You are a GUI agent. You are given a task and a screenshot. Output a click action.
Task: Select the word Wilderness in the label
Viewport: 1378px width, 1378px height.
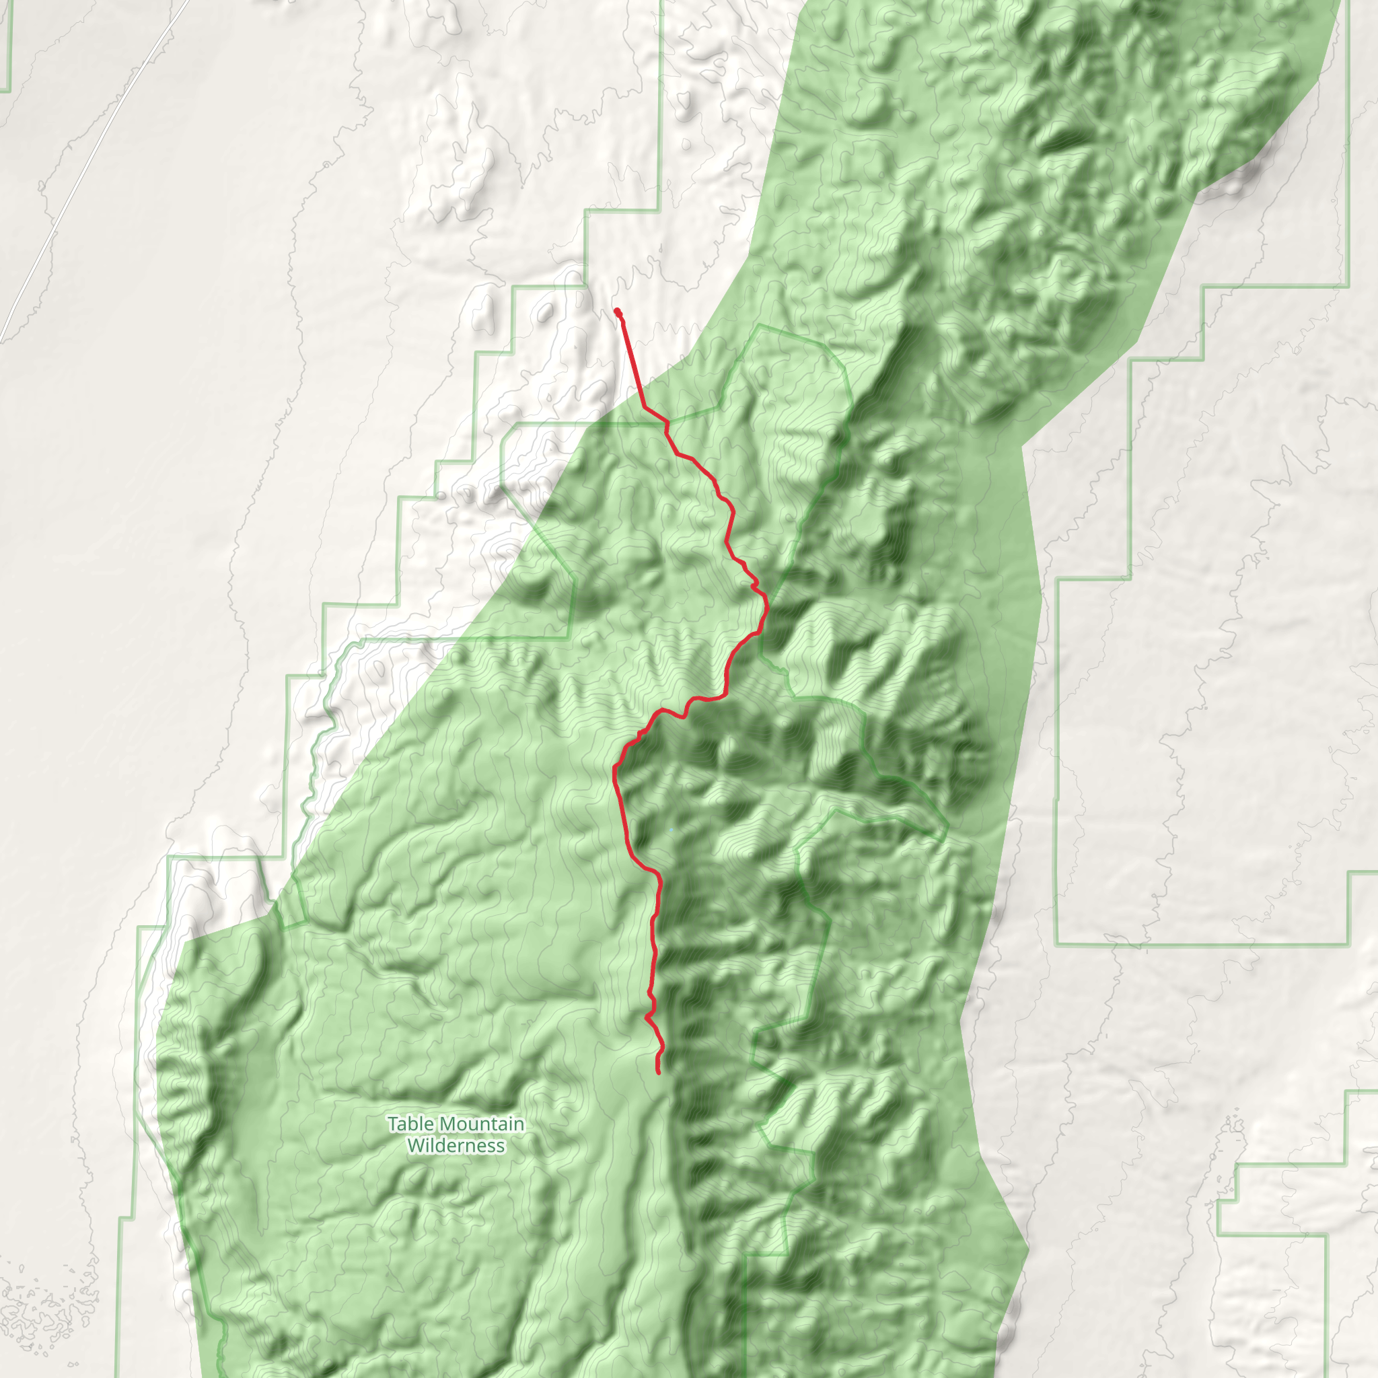456,1145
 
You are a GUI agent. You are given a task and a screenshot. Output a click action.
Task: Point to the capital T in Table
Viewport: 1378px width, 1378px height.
392,1124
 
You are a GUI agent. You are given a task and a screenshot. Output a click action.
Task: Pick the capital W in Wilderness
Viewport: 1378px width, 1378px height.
414,1145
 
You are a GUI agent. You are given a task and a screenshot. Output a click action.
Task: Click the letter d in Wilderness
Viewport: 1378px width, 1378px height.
442,1145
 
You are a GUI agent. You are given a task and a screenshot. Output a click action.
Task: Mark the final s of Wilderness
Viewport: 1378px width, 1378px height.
501,1146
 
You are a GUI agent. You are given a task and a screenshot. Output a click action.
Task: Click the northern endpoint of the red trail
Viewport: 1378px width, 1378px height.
617,311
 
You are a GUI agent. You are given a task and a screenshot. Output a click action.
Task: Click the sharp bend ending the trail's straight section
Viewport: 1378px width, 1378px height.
645,407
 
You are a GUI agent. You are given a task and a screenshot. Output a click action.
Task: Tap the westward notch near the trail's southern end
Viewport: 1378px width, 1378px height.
646,1017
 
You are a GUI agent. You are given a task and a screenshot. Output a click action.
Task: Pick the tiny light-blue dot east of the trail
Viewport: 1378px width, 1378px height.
671,830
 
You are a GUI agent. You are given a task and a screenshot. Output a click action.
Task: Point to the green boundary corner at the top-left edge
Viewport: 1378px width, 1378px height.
10,91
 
